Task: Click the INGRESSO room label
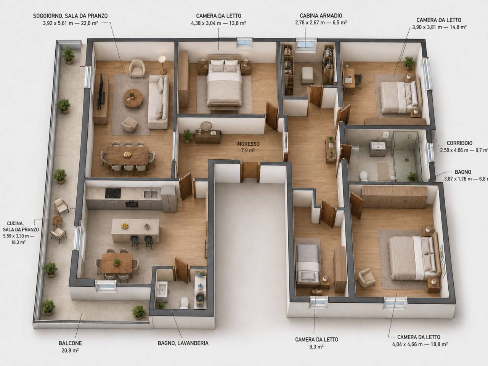click(248, 144)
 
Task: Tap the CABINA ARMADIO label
click(321, 16)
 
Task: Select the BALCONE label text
click(70, 343)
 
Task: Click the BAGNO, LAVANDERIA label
click(183, 343)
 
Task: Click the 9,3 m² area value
click(316, 347)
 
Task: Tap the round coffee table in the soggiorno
click(133, 98)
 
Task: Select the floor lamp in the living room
click(162, 64)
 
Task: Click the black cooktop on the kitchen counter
click(113, 193)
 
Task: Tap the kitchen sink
click(151, 194)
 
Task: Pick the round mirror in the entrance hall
click(206, 126)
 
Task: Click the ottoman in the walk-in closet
click(307, 75)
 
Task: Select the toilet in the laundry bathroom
click(184, 303)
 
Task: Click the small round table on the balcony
click(57, 221)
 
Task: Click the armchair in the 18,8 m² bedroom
click(367, 278)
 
